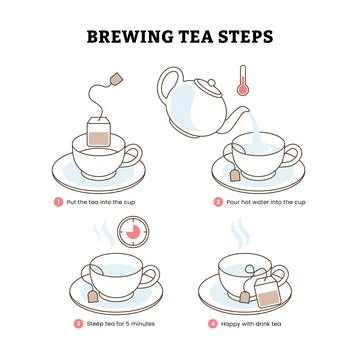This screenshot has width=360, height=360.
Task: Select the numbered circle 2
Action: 218,201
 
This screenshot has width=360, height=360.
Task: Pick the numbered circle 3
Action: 79,323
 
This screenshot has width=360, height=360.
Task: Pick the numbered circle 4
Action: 212,323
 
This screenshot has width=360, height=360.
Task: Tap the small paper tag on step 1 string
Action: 117,76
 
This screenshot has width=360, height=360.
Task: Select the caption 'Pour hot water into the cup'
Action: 266,201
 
